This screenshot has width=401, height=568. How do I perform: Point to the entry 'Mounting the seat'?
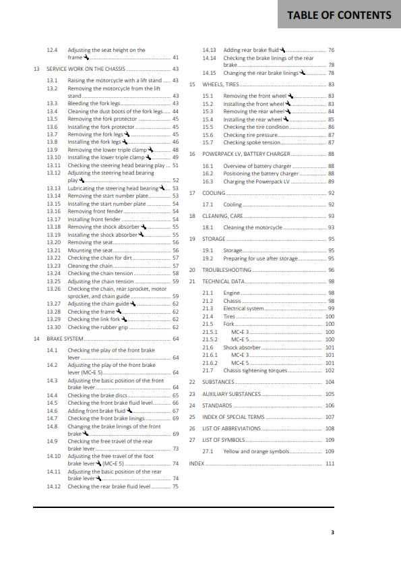tap(94, 250)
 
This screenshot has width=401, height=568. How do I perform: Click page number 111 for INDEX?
tap(330, 464)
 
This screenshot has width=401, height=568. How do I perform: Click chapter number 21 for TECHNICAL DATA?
tap(192, 281)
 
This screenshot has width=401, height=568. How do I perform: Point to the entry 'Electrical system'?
tap(244, 308)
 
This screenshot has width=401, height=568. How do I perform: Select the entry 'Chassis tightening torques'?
tap(259, 370)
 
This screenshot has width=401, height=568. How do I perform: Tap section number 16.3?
tap(208, 181)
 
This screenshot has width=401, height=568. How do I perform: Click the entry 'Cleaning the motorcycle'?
tap(253, 227)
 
